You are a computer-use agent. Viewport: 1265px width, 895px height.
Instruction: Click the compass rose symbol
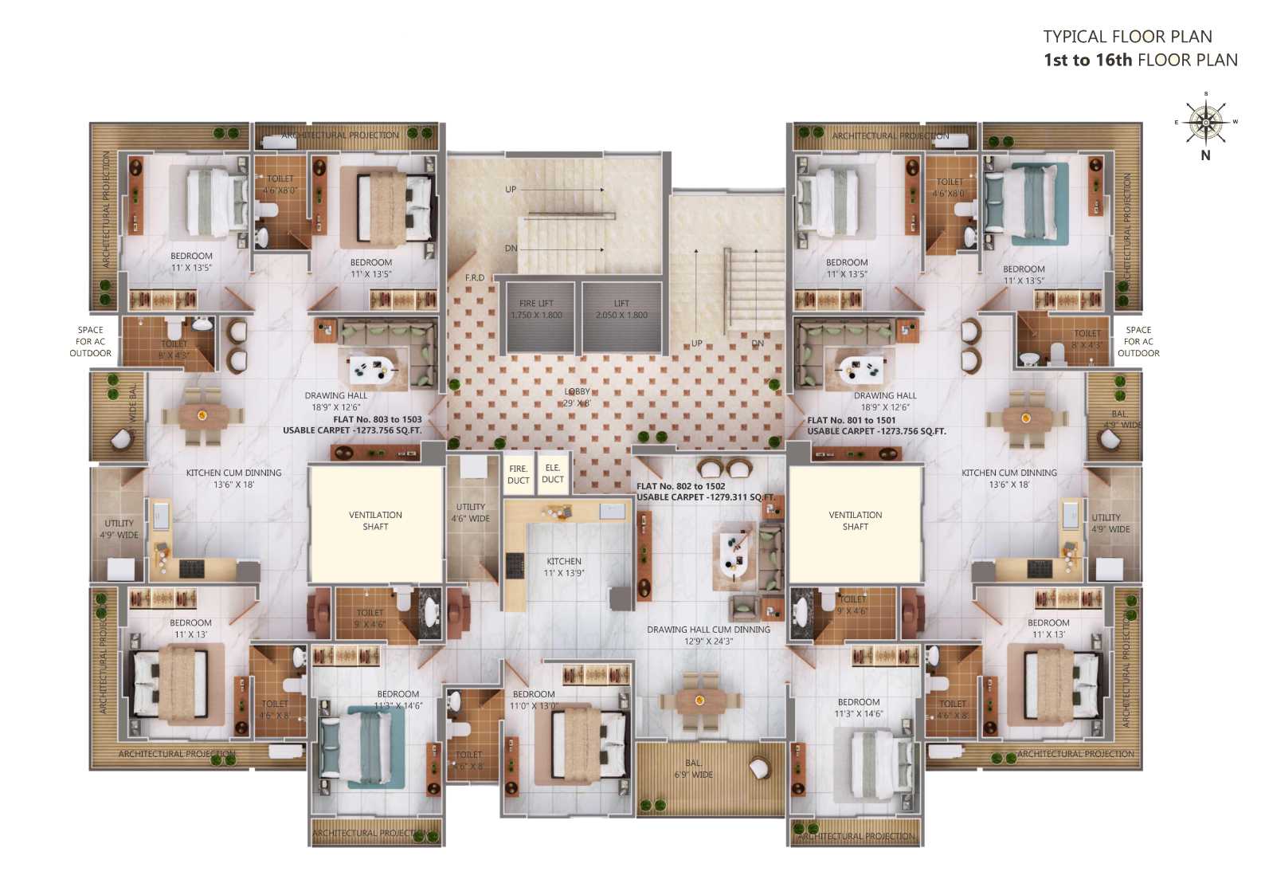click(x=1205, y=122)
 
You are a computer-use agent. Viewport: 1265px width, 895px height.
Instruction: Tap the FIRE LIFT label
click(x=536, y=309)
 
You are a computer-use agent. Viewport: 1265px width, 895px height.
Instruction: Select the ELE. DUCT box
click(x=553, y=474)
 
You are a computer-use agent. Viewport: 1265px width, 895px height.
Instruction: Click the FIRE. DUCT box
click(x=518, y=474)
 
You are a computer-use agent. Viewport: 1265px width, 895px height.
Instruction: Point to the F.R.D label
click(x=475, y=277)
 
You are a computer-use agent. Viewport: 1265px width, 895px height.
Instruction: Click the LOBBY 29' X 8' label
click(x=578, y=397)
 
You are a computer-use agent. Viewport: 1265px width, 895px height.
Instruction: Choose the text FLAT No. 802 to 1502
click(x=680, y=486)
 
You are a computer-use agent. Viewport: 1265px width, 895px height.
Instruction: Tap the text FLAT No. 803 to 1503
click(x=378, y=419)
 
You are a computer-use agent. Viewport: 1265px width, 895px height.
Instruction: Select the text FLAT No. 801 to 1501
click(x=851, y=420)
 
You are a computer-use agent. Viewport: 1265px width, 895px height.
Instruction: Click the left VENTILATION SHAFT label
click(x=375, y=520)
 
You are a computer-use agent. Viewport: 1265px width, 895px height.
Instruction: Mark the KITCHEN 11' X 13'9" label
click(x=564, y=567)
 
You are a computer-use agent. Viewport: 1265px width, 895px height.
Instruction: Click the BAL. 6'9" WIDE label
click(x=694, y=769)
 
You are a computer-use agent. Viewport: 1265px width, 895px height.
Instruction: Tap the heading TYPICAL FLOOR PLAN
click(x=1127, y=37)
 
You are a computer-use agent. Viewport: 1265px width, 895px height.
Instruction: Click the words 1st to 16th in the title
click(x=1087, y=61)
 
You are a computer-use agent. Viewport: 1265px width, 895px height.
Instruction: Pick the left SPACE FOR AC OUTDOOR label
click(x=90, y=341)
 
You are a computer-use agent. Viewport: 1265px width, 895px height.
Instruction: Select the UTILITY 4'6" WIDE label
click(x=471, y=512)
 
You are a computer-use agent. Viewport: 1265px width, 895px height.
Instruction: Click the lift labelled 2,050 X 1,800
click(x=621, y=309)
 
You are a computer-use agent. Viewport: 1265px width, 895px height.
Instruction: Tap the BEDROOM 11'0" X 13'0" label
click(x=534, y=700)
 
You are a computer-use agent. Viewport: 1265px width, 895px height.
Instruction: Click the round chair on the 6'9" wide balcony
click(x=759, y=767)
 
